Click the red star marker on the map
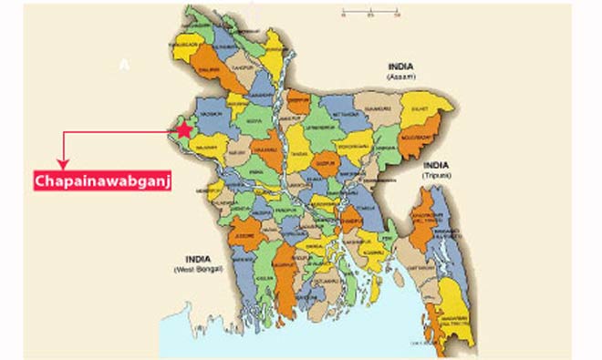click(184, 129)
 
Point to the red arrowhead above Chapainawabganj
click(62, 163)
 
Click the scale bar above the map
click(371, 15)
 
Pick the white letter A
click(126, 64)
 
